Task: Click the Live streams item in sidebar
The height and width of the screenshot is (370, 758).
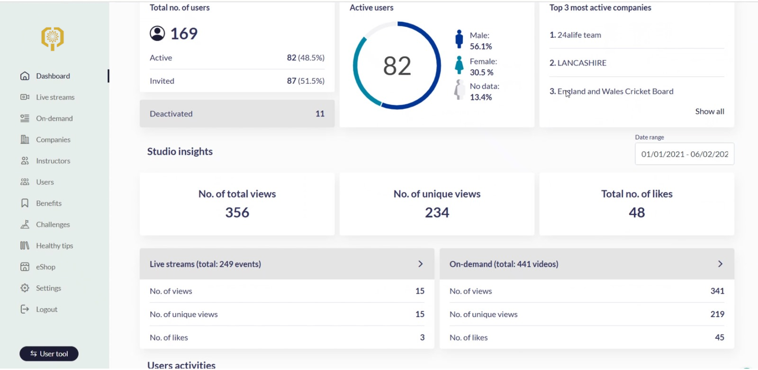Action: [x=55, y=97]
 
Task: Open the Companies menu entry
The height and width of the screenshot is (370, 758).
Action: [x=53, y=140]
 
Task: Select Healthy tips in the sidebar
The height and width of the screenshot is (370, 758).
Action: [x=54, y=246]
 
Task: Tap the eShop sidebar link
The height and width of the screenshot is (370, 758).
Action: [x=45, y=267]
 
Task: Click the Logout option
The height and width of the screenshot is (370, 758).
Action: [x=46, y=309]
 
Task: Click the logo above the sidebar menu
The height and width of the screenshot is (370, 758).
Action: [x=53, y=38]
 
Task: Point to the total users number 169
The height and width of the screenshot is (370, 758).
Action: [x=183, y=34]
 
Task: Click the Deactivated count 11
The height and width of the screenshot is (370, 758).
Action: [x=320, y=114]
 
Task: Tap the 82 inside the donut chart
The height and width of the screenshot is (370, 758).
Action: [x=397, y=66]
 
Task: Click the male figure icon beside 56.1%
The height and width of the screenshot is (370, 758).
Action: [x=459, y=39]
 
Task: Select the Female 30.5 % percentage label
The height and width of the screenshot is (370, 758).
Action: [x=482, y=72]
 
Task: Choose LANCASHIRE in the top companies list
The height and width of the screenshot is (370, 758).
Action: [x=581, y=63]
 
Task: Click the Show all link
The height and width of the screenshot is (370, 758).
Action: [x=709, y=112]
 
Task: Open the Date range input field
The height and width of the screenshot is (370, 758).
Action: [x=684, y=154]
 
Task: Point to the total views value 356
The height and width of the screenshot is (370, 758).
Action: [x=237, y=213]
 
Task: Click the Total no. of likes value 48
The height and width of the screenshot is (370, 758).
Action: [x=637, y=213]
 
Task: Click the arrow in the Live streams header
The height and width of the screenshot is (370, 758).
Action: [x=420, y=264]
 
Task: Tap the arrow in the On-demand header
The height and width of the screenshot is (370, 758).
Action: [x=720, y=264]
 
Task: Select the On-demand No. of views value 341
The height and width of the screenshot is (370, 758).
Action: [x=717, y=291]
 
